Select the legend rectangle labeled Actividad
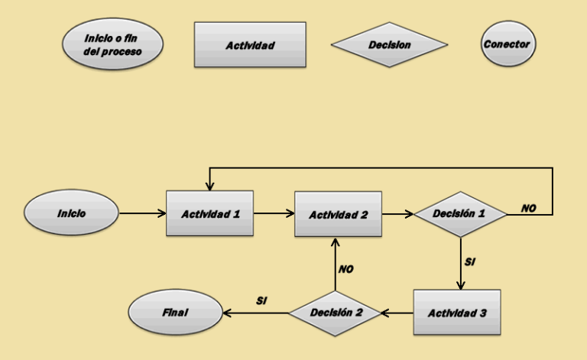coord(250,45)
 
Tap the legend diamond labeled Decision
coord(389,45)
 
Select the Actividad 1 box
coord(210,214)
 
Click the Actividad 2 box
coord(339,215)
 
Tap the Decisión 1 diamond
coord(459,215)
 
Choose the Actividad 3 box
coord(457,313)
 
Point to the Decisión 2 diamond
coord(334,313)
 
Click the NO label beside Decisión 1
coord(528,208)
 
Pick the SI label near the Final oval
coord(260,300)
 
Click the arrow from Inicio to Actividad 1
coord(142,214)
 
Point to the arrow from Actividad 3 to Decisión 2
coord(397,313)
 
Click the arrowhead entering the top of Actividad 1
coord(208,186)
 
